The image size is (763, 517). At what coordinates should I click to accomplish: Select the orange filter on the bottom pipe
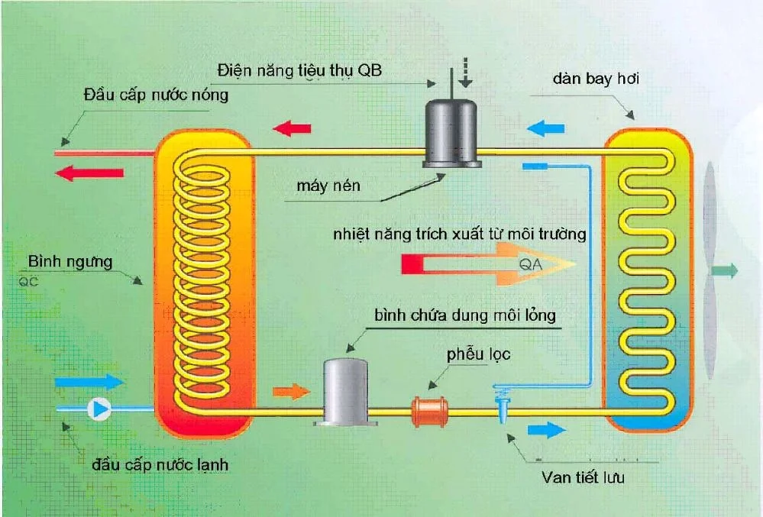point(432,411)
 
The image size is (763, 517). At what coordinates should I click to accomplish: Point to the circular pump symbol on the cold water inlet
point(99,409)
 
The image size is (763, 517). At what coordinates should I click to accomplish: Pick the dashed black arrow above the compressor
point(466,72)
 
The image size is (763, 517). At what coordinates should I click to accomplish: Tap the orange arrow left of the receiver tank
point(290,392)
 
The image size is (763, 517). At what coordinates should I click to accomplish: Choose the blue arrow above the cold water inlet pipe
point(89,380)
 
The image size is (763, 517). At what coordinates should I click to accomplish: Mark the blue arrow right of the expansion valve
point(547,430)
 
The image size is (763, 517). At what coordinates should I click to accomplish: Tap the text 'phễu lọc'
point(478,354)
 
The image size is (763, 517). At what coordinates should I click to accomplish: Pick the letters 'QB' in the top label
point(376,72)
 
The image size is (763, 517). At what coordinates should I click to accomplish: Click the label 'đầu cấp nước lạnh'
point(160,465)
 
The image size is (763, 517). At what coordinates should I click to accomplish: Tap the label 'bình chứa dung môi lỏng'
point(465,314)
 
